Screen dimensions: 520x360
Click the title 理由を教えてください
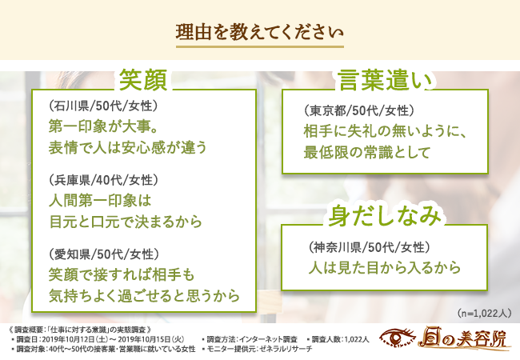click(259, 32)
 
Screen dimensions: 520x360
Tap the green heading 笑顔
click(143, 80)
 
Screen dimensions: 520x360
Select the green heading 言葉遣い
click(386, 81)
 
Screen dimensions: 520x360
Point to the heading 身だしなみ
click(385, 216)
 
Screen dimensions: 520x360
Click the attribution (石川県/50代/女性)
click(103, 106)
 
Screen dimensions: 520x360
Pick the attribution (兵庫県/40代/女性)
click(103, 180)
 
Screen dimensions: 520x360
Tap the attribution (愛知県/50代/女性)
click(103, 254)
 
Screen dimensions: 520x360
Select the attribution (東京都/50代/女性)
click(359, 110)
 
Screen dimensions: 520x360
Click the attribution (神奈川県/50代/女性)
click(369, 247)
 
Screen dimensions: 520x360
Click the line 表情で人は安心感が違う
click(128, 147)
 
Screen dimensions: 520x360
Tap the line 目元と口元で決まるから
click(126, 222)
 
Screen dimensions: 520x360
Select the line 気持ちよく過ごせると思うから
click(144, 296)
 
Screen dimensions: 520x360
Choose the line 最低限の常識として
click(366, 152)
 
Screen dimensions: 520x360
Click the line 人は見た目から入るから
click(385, 268)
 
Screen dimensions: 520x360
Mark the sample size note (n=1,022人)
click(484, 314)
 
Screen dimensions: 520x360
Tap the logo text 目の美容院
click(462, 338)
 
